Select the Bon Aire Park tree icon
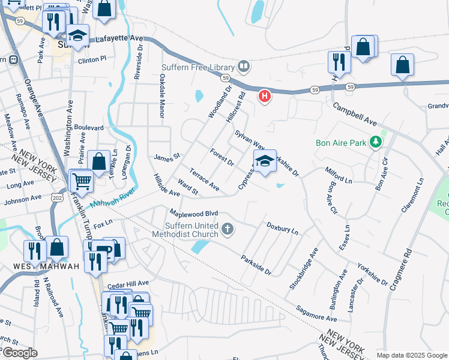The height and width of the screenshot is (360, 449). [376, 142]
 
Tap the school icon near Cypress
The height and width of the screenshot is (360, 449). [265, 161]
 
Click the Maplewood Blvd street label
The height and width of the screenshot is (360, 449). [193, 214]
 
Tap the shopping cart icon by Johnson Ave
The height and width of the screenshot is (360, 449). [81, 180]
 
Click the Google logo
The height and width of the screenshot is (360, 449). [20, 353]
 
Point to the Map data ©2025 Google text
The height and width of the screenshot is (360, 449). [411, 355]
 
